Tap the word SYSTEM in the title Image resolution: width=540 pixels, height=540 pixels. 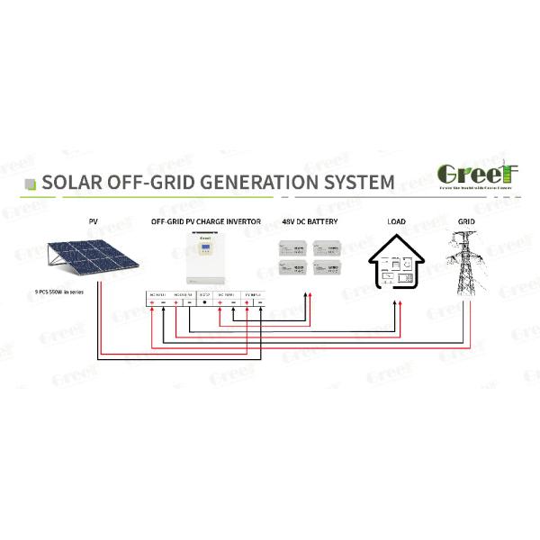355,182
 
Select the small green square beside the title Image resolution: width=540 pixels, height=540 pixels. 30,183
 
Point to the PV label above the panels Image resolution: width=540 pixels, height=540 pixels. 93,220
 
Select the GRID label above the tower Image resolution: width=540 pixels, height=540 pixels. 467,220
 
